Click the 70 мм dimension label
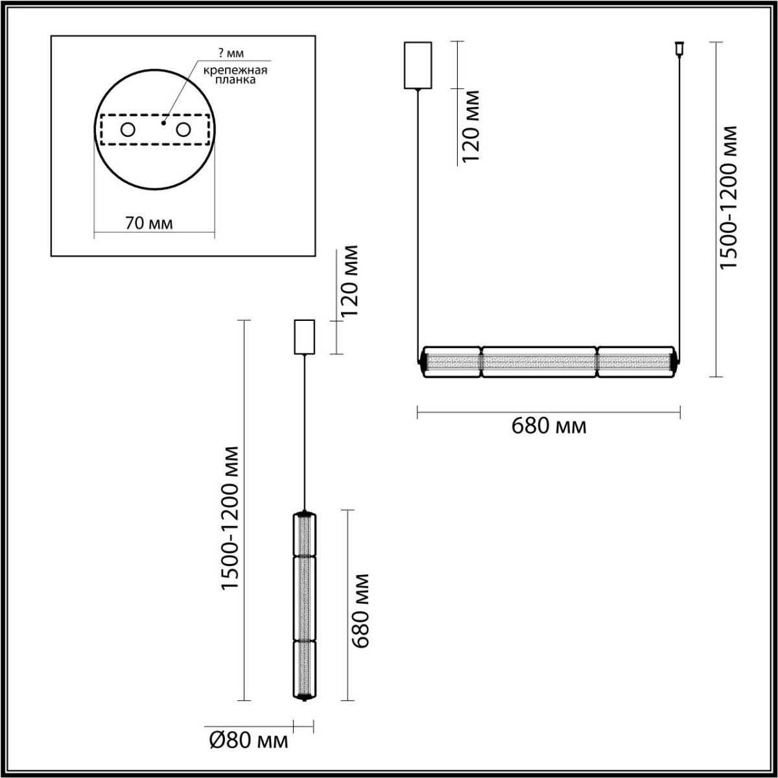pyautogui.click(x=148, y=224)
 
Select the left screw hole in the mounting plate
pyautogui.click(x=128, y=130)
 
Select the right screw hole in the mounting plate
pyautogui.click(x=184, y=130)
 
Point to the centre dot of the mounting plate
pyautogui.click(x=165, y=121)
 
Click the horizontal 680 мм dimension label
pyautogui.click(x=548, y=426)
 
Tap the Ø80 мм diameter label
pyautogui.click(x=248, y=740)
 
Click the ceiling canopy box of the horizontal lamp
pyautogui.click(x=418, y=65)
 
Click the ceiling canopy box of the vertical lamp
pyautogui.click(x=304, y=337)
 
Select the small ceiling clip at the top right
pyautogui.click(x=679, y=49)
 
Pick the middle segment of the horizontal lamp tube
pyautogui.click(x=539, y=362)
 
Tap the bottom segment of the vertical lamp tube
pyautogui.click(x=304, y=669)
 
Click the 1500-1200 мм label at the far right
pyautogui.click(x=730, y=197)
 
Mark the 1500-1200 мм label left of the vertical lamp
pyautogui.click(x=230, y=517)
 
